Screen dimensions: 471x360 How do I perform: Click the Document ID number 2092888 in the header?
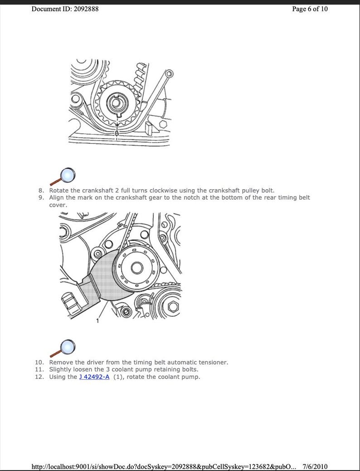83,9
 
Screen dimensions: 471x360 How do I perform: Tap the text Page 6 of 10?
310,9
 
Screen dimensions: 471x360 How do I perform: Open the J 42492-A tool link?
94,377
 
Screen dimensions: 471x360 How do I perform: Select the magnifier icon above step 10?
63,348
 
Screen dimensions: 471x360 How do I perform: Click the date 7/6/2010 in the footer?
315,466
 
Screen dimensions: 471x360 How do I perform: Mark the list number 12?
40,377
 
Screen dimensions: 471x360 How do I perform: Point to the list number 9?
41,198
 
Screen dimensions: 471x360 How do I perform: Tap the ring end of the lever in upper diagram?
169,74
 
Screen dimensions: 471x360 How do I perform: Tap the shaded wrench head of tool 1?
102,279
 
